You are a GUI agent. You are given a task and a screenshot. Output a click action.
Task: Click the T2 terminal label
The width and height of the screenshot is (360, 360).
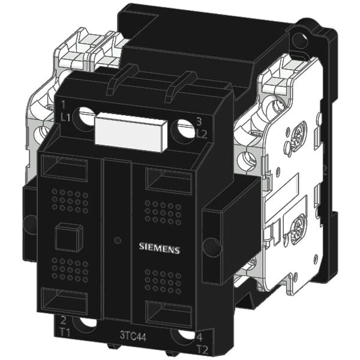pos(202,348)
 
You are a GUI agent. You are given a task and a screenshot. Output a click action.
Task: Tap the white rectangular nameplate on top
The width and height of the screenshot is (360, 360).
pos(130,130)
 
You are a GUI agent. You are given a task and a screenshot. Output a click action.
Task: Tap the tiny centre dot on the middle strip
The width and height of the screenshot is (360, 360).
pos(117,241)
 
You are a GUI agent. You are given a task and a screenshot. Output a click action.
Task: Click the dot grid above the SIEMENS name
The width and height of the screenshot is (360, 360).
pos(163,212)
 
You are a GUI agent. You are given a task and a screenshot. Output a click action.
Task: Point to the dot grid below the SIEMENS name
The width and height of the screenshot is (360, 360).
pos(163,280)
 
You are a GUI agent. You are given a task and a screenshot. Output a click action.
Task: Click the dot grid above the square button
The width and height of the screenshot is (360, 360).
pos(70,201)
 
